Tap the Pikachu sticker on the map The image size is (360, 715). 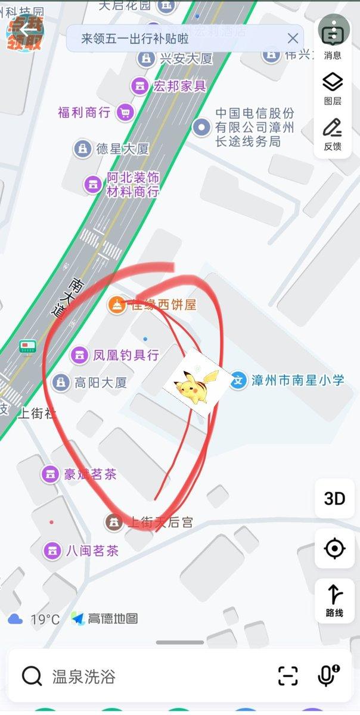[x=196, y=384]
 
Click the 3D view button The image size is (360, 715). [x=334, y=499]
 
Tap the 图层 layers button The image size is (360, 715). [x=333, y=88]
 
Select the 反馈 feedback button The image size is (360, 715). [x=333, y=134]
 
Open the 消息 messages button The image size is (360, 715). [x=333, y=37]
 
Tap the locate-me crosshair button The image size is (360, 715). [x=334, y=548]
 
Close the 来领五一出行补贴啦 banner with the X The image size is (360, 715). [x=293, y=39]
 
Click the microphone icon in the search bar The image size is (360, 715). [x=327, y=676]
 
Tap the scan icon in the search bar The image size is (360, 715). [x=288, y=676]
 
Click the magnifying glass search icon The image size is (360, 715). [x=31, y=676]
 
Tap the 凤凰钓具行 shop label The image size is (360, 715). [x=126, y=355]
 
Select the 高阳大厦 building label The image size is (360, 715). [x=101, y=383]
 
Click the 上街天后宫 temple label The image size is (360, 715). [x=161, y=523]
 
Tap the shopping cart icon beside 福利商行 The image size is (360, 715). [x=125, y=112]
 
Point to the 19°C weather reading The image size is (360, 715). [x=45, y=619]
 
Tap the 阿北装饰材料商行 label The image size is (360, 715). [x=132, y=184]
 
